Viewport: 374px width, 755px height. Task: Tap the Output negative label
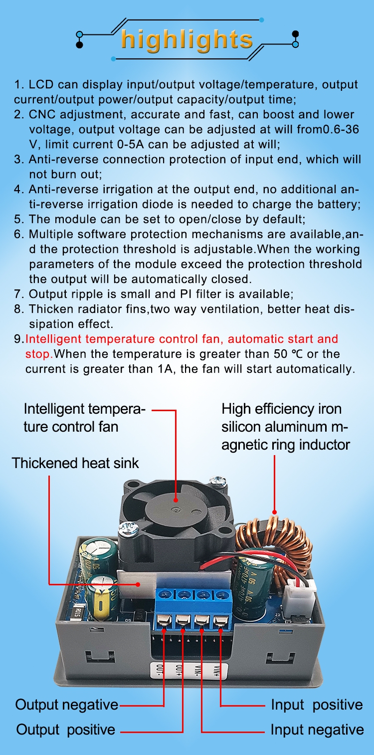pyautogui.click(x=67, y=705)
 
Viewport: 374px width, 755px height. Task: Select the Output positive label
pyautogui.click(x=66, y=730)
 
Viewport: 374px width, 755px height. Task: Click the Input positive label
pyautogui.click(x=317, y=705)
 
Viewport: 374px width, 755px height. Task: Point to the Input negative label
pyautogui.click(x=317, y=730)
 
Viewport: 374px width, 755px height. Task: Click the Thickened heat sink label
pyautogui.click(x=75, y=463)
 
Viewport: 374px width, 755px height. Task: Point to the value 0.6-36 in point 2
pyautogui.click(x=341, y=129)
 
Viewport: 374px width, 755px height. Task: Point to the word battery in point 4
pyautogui.click(x=338, y=204)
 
